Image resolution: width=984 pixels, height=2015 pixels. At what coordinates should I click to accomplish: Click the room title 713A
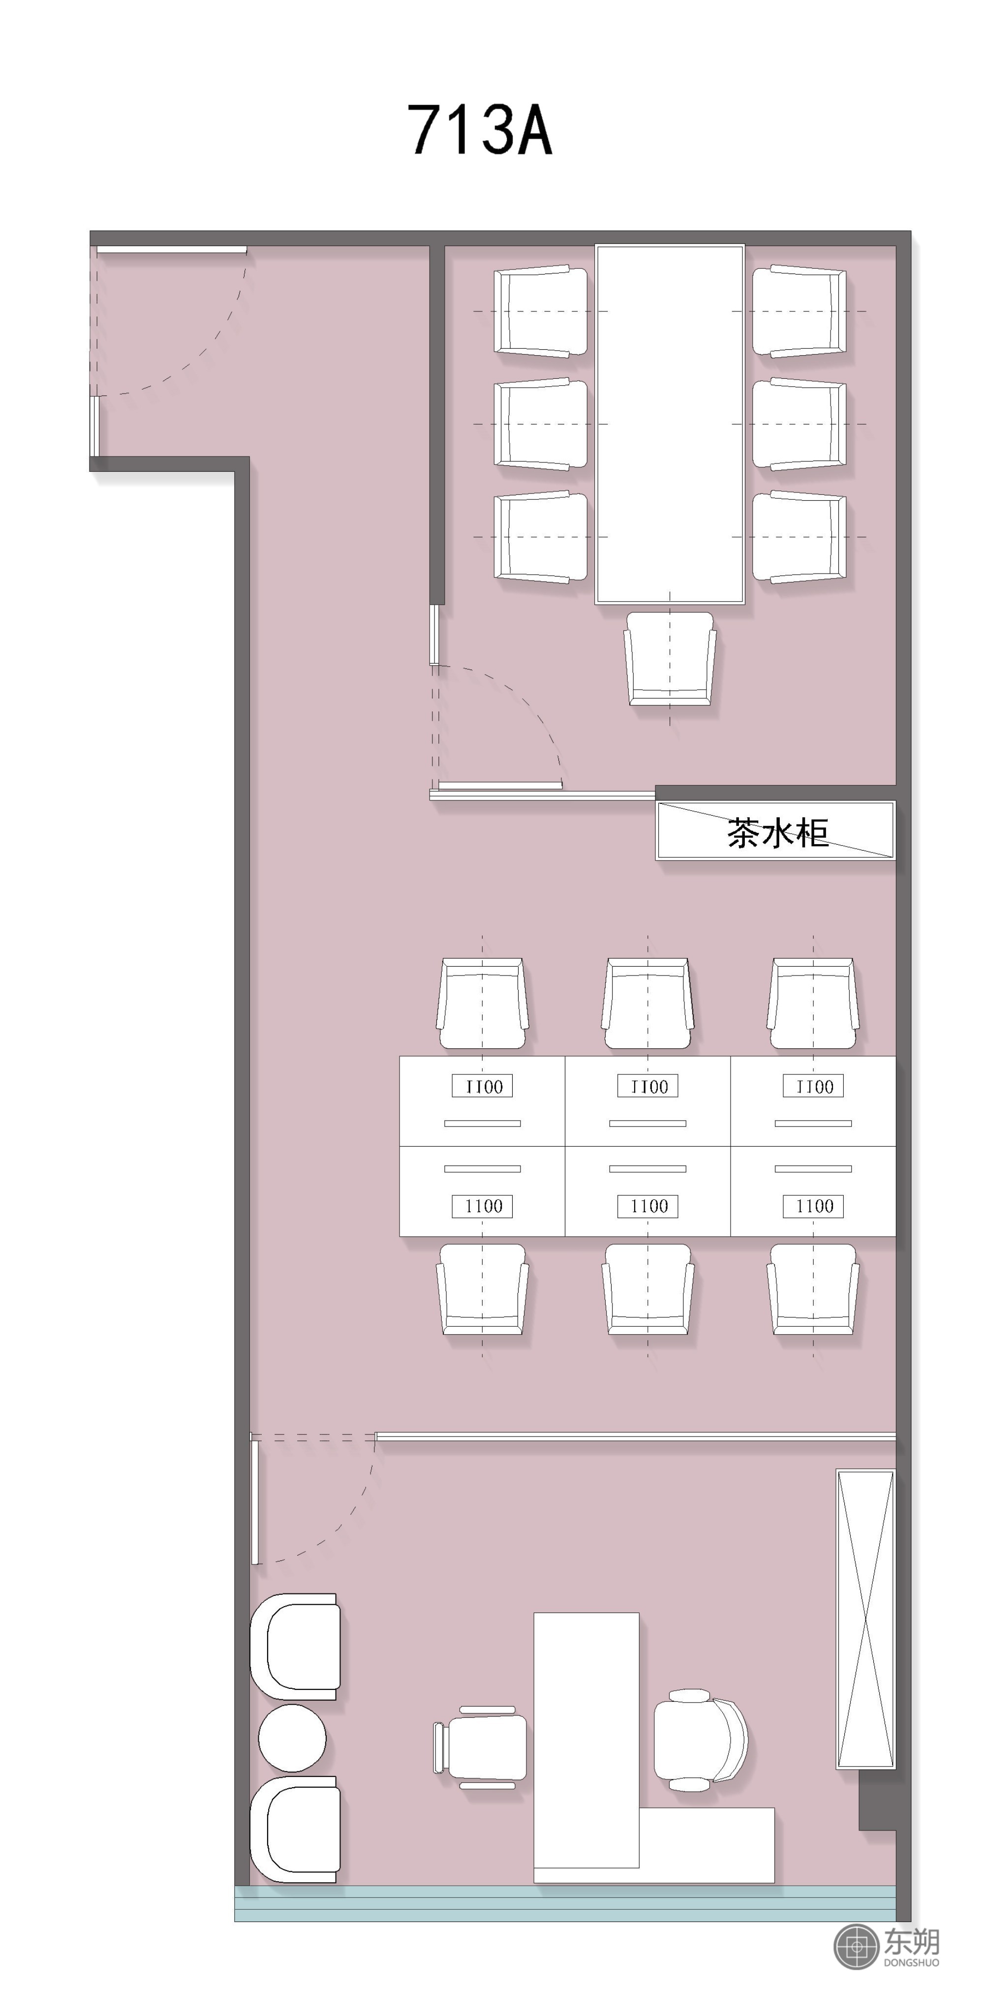tap(480, 129)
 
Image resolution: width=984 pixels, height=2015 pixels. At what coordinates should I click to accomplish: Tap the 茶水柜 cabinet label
tap(777, 833)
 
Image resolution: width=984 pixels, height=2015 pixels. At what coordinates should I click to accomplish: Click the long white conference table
tap(670, 425)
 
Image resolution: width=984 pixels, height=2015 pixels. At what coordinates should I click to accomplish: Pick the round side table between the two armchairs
tap(292, 1738)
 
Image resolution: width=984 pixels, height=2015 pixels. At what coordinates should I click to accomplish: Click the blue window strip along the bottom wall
tap(565, 1903)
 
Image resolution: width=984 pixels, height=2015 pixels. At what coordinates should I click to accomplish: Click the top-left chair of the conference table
tap(541, 311)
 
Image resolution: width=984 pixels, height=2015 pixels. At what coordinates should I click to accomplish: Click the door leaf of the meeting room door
tap(500, 785)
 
